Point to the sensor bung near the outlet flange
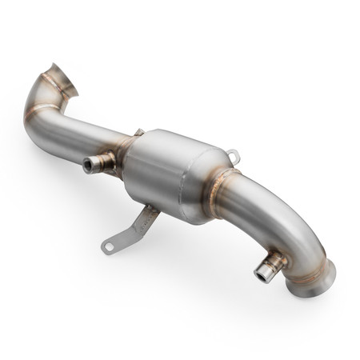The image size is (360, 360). click(268, 266)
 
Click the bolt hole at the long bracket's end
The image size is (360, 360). click(107, 247)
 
